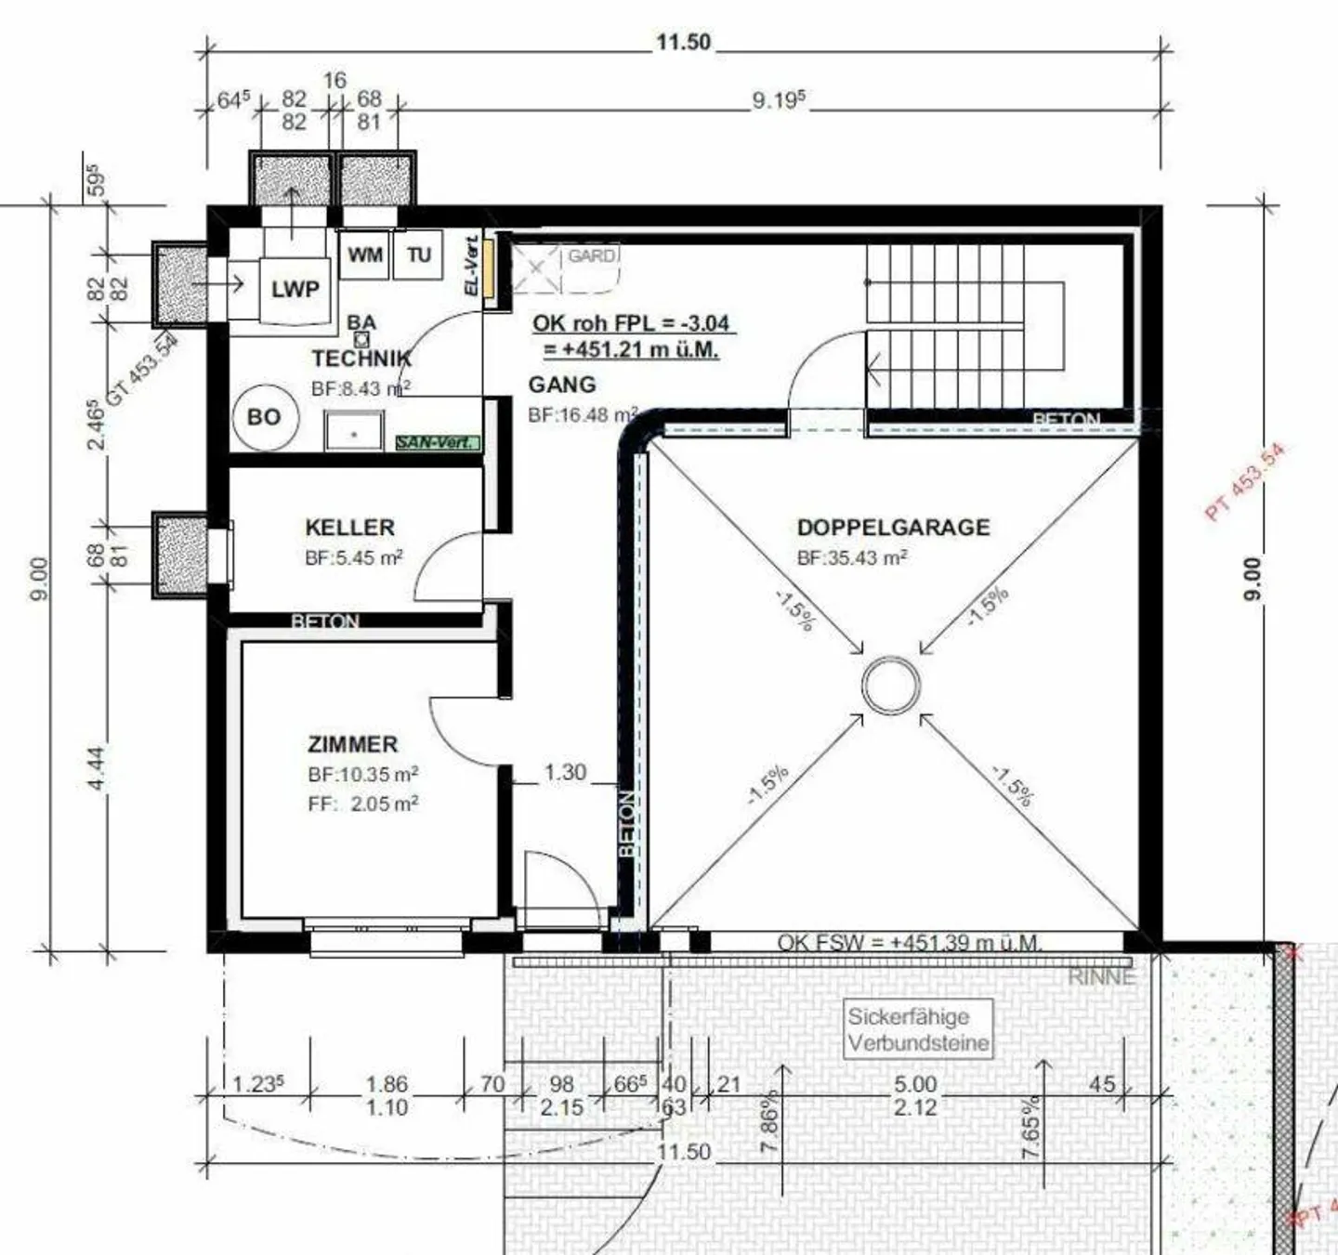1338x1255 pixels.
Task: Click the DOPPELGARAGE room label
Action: coord(893,528)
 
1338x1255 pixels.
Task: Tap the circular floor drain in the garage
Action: coord(890,686)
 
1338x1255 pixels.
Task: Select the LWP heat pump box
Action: coord(295,289)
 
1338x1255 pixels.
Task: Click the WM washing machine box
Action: coord(364,255)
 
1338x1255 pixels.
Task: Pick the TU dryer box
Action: coord(418,255)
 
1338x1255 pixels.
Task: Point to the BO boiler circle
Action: coord(264,417)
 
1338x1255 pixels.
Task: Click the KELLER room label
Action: coord(349,528)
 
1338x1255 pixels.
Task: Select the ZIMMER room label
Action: coord(352,744)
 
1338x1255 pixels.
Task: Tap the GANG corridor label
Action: coord(561,385)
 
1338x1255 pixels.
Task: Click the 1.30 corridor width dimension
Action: coord(565,772)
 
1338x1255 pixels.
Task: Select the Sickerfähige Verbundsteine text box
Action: coord(918,1029)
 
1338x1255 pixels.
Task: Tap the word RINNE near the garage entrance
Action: coord(1101,977)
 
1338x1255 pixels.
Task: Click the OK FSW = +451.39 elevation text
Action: coord(909,942)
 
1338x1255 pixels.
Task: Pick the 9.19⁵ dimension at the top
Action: coord(779,100)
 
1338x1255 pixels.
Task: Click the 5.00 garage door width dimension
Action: coord(915,1084)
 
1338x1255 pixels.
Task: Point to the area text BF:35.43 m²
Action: coord(852,558)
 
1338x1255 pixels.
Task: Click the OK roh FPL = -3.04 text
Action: coord(630,323)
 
